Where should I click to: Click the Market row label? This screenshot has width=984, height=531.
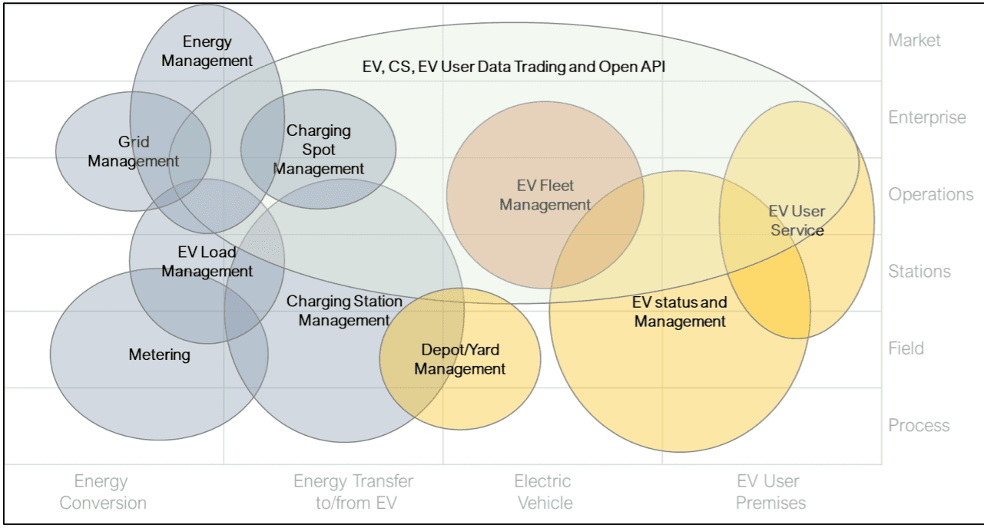point(914,41)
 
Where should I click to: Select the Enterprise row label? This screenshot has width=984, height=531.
point(927,117)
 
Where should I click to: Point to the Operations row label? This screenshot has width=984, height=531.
point(931,194)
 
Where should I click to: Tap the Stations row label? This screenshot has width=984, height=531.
point(919,271)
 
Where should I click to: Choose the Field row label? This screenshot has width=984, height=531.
point(906,348)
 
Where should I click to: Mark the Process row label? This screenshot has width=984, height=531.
point(919,425)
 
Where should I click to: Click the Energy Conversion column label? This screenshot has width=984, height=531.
point(103,492)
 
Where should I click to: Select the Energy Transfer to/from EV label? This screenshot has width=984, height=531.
point(353,492)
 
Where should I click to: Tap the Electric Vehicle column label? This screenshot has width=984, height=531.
point(544,492)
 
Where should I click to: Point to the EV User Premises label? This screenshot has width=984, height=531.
point(770,492)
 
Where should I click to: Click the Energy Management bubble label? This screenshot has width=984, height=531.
point(207,51)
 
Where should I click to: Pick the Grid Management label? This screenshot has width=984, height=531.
point(134,151)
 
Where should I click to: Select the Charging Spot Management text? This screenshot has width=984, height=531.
point(319,150)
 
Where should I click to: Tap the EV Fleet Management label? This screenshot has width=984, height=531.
point(545,195)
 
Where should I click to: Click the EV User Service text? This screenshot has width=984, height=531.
point(797,221)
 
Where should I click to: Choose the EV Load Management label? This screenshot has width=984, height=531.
point(207,262)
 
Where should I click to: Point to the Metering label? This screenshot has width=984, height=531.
point(160,355)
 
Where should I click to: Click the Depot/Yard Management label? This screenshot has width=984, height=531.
point(460,359)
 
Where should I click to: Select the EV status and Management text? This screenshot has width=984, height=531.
point(680,312)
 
